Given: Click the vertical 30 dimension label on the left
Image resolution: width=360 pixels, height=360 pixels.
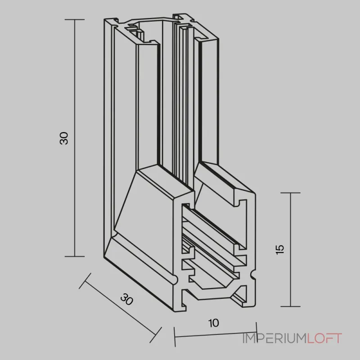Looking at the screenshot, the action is point(64,138).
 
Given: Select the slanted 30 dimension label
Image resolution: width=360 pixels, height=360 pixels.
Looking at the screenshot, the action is point(127,299).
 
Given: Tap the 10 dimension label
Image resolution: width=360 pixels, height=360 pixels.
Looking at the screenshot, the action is point(214,323).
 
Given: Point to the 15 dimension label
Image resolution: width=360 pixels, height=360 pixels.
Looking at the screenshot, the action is point(280,250).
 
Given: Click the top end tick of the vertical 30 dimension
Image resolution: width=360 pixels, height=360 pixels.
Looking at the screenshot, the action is point(75,19).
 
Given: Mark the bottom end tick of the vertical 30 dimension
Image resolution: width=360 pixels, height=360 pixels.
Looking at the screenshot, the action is point(75,256).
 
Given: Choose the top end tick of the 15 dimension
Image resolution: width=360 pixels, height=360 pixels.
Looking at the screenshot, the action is point(290,193).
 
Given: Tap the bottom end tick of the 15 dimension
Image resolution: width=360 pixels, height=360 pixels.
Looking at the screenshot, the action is point(290,306).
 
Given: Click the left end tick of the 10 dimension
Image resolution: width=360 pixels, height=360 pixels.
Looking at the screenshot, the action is point(175,337).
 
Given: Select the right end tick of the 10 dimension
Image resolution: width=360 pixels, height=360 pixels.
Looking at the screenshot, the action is point(256,332).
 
